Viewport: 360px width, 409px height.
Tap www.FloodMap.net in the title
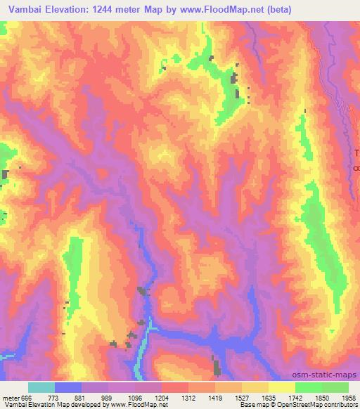pos(211,9)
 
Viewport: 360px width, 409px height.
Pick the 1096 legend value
pos(135,396)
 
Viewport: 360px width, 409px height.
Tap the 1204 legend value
pos(162,396)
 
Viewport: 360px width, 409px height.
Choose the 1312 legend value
pos(188,396)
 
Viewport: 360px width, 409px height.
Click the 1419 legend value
pos(215,396)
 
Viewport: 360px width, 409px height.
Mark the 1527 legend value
pos(242,396)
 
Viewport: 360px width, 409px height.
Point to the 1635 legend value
pos(269,396)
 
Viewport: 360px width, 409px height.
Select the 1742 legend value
pos(295,396)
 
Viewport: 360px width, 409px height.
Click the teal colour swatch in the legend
pos(41,387)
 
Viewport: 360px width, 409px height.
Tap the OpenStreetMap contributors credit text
pos(320,405)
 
